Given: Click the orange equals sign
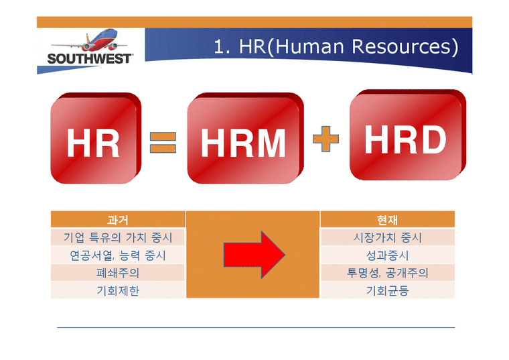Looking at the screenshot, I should (x=161, y=143).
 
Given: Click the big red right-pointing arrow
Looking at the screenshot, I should (x=253, y=254).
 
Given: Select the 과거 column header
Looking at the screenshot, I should (x=117, y=219).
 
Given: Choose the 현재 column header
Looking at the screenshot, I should (x=388, y=219).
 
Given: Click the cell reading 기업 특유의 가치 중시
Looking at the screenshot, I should (x=117, y=237).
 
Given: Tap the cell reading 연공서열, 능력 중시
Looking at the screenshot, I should (x=117, y=255).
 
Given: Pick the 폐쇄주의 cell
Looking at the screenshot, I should (x=117, y=273).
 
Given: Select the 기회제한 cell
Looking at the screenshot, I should (x=117, y=290).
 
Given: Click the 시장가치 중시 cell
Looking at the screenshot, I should (x=388, y=237).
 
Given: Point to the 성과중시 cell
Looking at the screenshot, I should (x=388, y=255).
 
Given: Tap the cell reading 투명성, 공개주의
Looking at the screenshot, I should (x=388, y=273).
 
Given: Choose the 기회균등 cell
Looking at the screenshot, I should (x=388, y=290).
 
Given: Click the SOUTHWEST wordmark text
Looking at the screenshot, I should (x=89, y=58).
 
